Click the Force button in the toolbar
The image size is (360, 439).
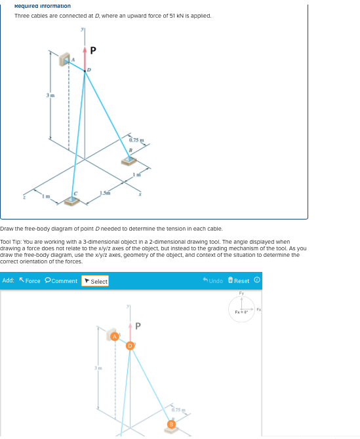click(29, 281)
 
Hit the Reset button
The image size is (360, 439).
click(240, 281)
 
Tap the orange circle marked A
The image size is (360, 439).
click(114, 336)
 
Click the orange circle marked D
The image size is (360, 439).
click(130, 345)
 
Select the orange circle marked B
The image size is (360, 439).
click(172, 425)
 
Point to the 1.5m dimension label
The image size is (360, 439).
click(106, 191)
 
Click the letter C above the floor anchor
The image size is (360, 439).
click(75, 193)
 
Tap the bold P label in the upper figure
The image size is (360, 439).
click(93, 50)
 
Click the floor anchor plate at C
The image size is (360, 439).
click(72, 200)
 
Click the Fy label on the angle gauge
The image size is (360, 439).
click(241, 294)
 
